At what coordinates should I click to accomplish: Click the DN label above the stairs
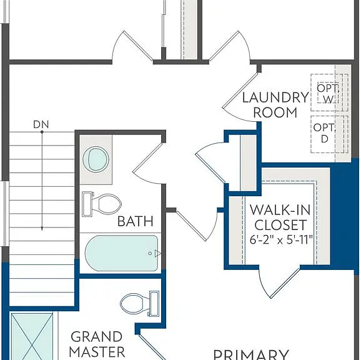point(41,124)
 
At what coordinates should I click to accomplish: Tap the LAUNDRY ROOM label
point(275,105)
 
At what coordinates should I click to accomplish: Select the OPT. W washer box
point(327,92)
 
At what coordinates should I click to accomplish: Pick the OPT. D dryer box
point(327,134)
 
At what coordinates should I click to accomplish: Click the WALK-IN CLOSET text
point(280,217)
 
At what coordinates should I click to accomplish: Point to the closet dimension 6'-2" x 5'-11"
point(281,240)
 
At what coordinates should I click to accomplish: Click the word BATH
point(135,221)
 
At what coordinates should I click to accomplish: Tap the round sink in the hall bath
point(96,159)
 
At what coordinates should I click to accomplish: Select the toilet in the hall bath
point(102,204)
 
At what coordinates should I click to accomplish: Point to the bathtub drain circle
point(150,253)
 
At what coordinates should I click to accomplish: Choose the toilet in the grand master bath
point(140,304)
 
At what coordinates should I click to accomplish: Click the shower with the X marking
point(32,336)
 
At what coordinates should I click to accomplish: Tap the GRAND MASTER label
point(97,344)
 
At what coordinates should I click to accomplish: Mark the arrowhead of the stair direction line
point(42,229)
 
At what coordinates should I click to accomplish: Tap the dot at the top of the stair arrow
point(42,132)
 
